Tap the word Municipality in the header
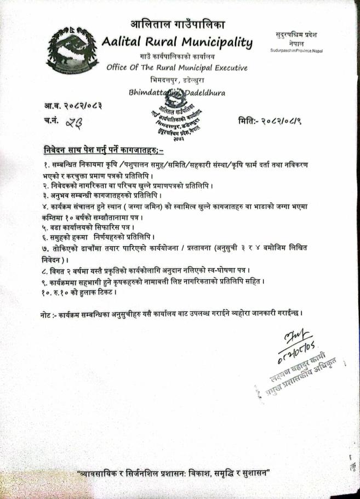(219, 42)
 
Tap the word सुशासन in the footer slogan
(252, 473)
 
